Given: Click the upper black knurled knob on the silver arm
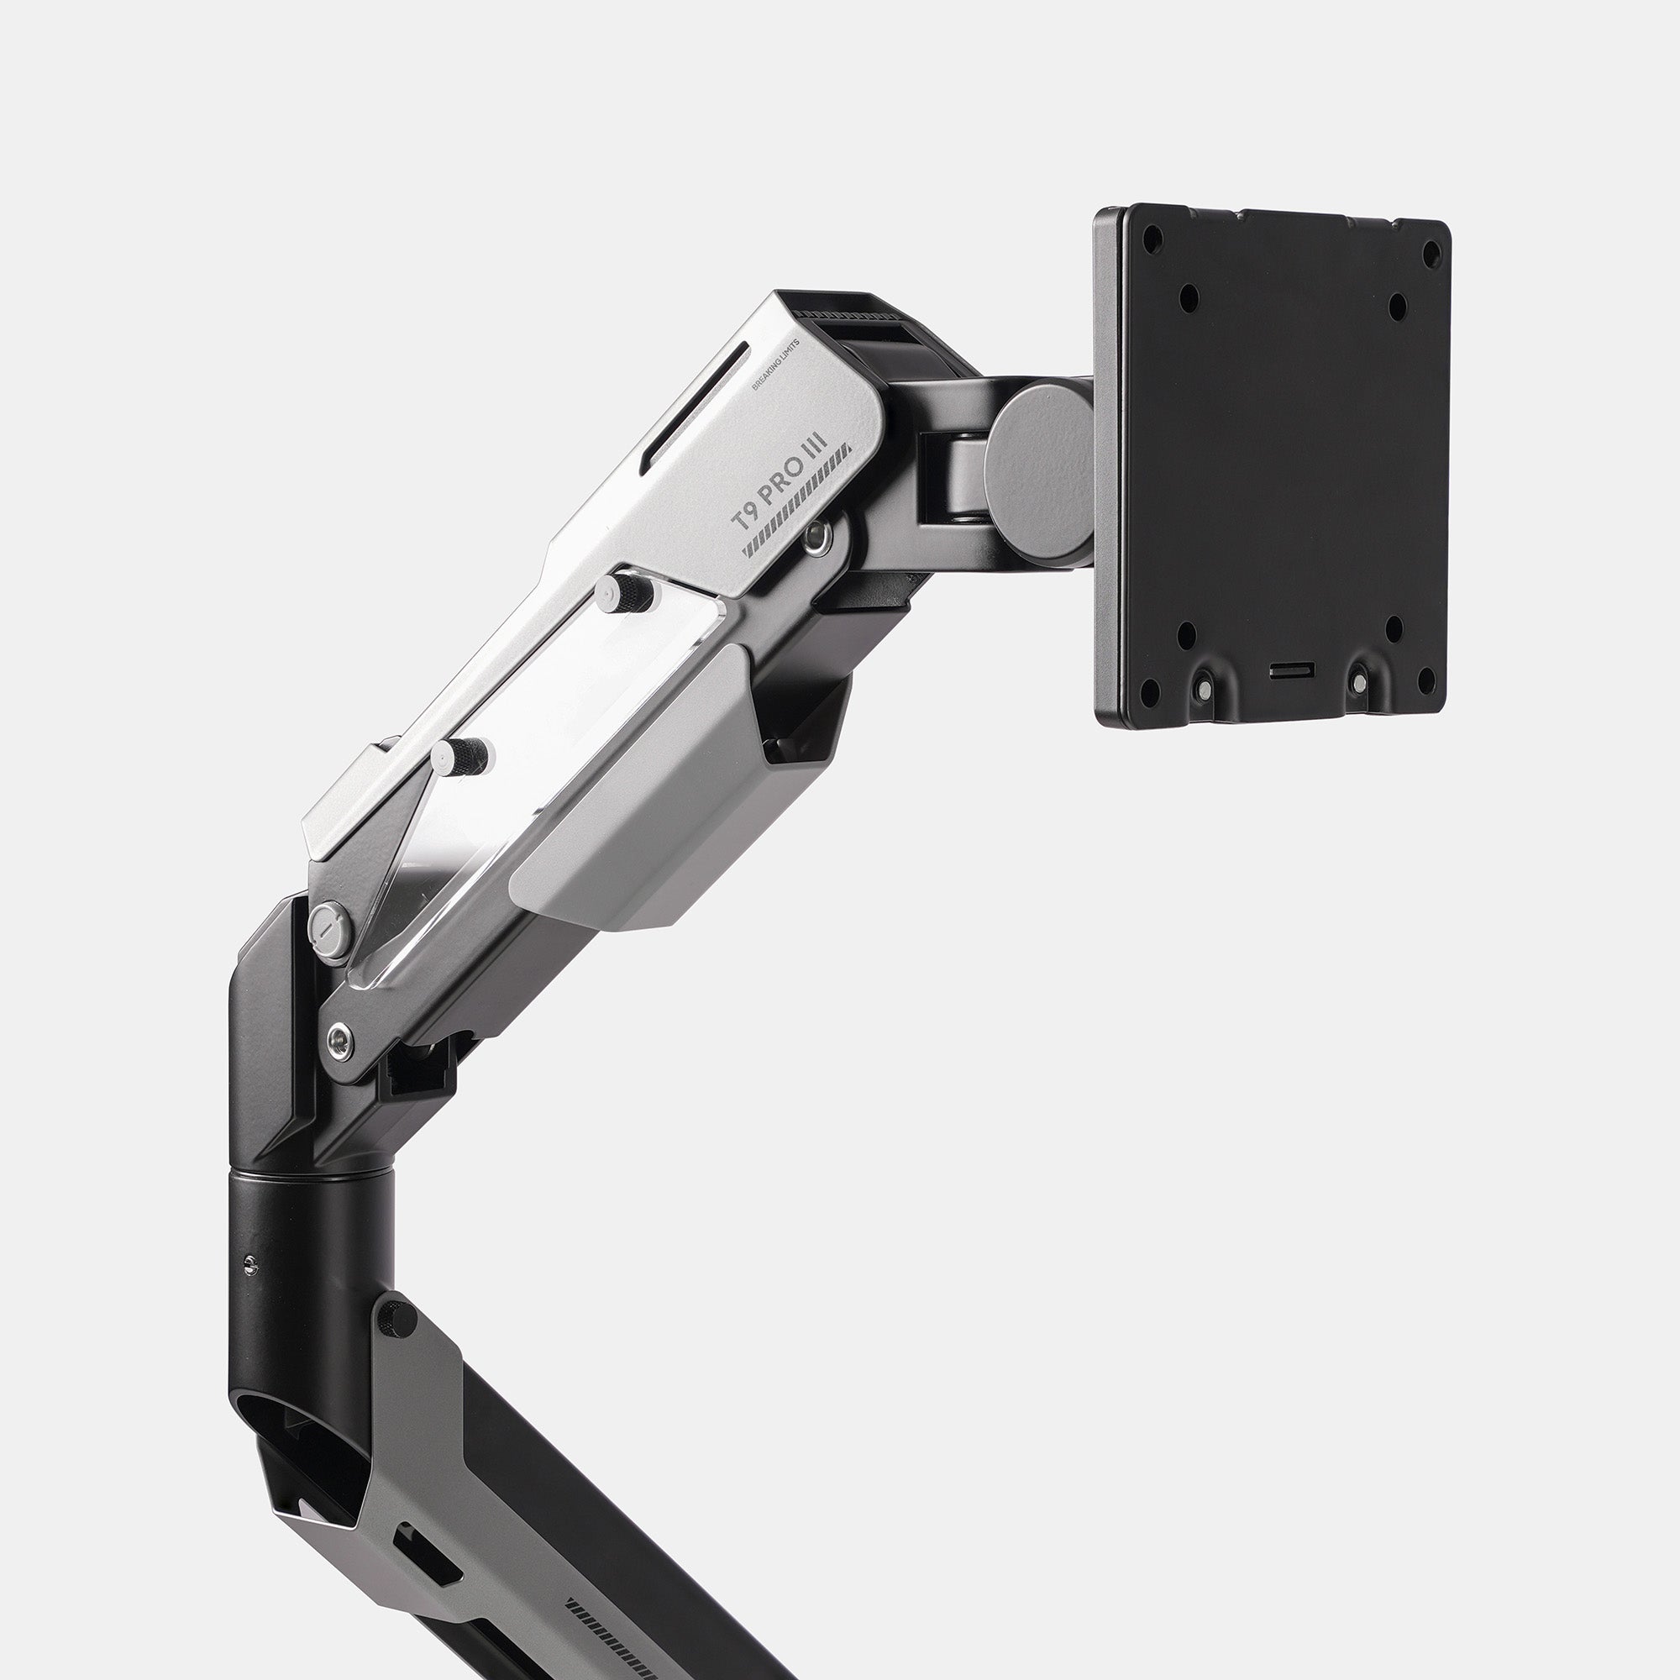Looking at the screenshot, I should pyautogui.click(x=627, y=593).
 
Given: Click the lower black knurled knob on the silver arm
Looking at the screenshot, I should pyautogui.click(x=463, y=753).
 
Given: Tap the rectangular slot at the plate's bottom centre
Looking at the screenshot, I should pyautogui.click(x=1293, y=670).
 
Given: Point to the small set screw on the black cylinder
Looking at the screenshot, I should pyautogui.click(x=252, y=1266).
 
